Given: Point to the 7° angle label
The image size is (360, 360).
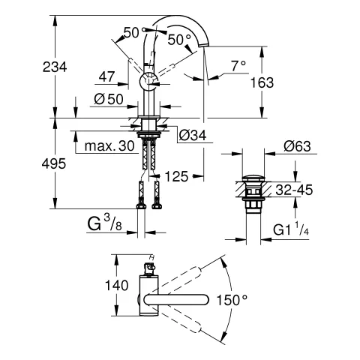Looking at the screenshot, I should click(x=238, y=66).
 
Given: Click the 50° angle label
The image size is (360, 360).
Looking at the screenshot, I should click(x=178, y=37).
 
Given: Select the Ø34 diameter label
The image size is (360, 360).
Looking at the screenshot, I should click(x=193, y=136).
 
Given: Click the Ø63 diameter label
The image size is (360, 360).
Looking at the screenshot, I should click(x=298, y=146).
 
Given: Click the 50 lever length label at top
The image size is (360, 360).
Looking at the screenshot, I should click(x=132, y=31).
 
